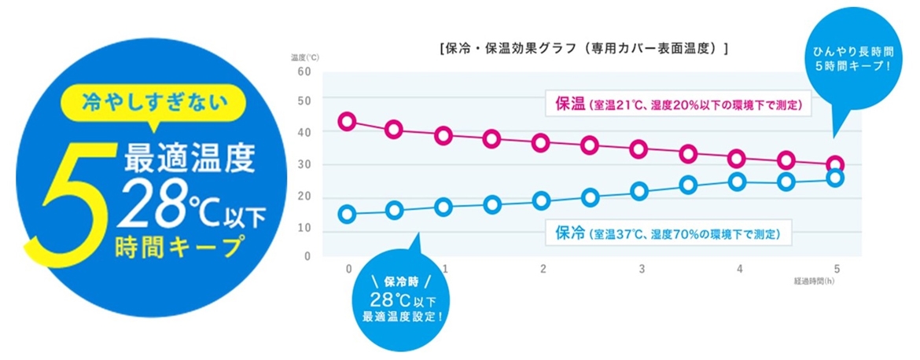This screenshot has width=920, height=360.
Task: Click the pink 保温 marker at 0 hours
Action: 346,121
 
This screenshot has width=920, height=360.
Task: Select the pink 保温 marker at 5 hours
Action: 836,165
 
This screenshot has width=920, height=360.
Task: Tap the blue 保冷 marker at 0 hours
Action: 346,214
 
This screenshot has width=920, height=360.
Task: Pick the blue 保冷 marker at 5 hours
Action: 836,178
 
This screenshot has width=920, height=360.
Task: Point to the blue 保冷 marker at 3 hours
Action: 639,191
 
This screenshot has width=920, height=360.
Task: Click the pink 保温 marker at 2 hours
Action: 541,142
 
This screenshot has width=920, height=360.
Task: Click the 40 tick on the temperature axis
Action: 305,133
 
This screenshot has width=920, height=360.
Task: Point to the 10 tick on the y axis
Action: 305,228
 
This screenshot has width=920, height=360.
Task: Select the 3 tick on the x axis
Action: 642,269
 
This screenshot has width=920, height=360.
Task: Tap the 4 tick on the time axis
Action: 740,269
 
